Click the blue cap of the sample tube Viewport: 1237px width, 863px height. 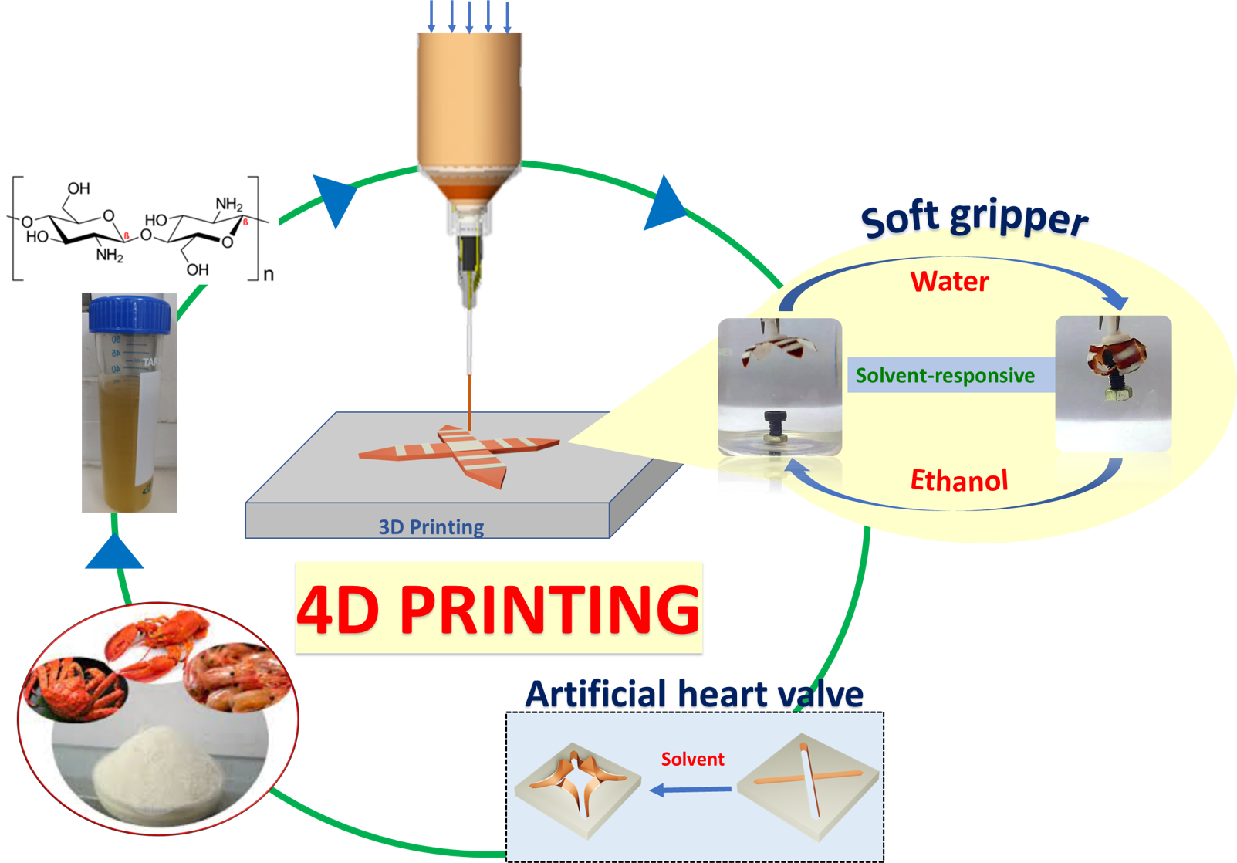coord(130,314)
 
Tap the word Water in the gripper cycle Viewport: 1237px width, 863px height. coord(949,282)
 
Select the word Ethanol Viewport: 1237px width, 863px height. coord(959,480)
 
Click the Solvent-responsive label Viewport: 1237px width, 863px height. coord(945,376)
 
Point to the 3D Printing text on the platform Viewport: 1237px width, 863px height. coord(431,527)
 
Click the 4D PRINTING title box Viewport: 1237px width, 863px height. coord(499,609)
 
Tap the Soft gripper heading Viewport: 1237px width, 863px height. coord(974,218)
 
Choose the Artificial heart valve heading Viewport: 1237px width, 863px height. coord(694,695)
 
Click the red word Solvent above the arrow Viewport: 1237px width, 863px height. coord(692,760)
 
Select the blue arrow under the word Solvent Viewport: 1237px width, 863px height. coord(691,790)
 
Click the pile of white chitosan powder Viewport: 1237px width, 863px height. coord(158,772)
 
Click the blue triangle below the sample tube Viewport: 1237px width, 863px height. coord(114,552)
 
